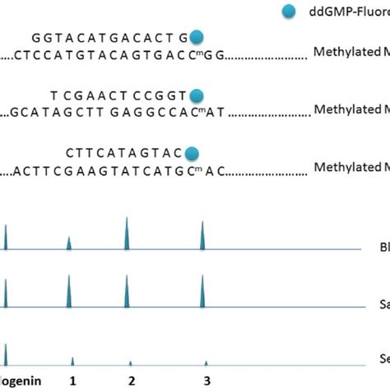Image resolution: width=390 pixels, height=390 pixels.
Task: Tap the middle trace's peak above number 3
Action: coord(202,292)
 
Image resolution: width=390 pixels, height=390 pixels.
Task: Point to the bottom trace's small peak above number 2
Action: coord(130,362)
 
